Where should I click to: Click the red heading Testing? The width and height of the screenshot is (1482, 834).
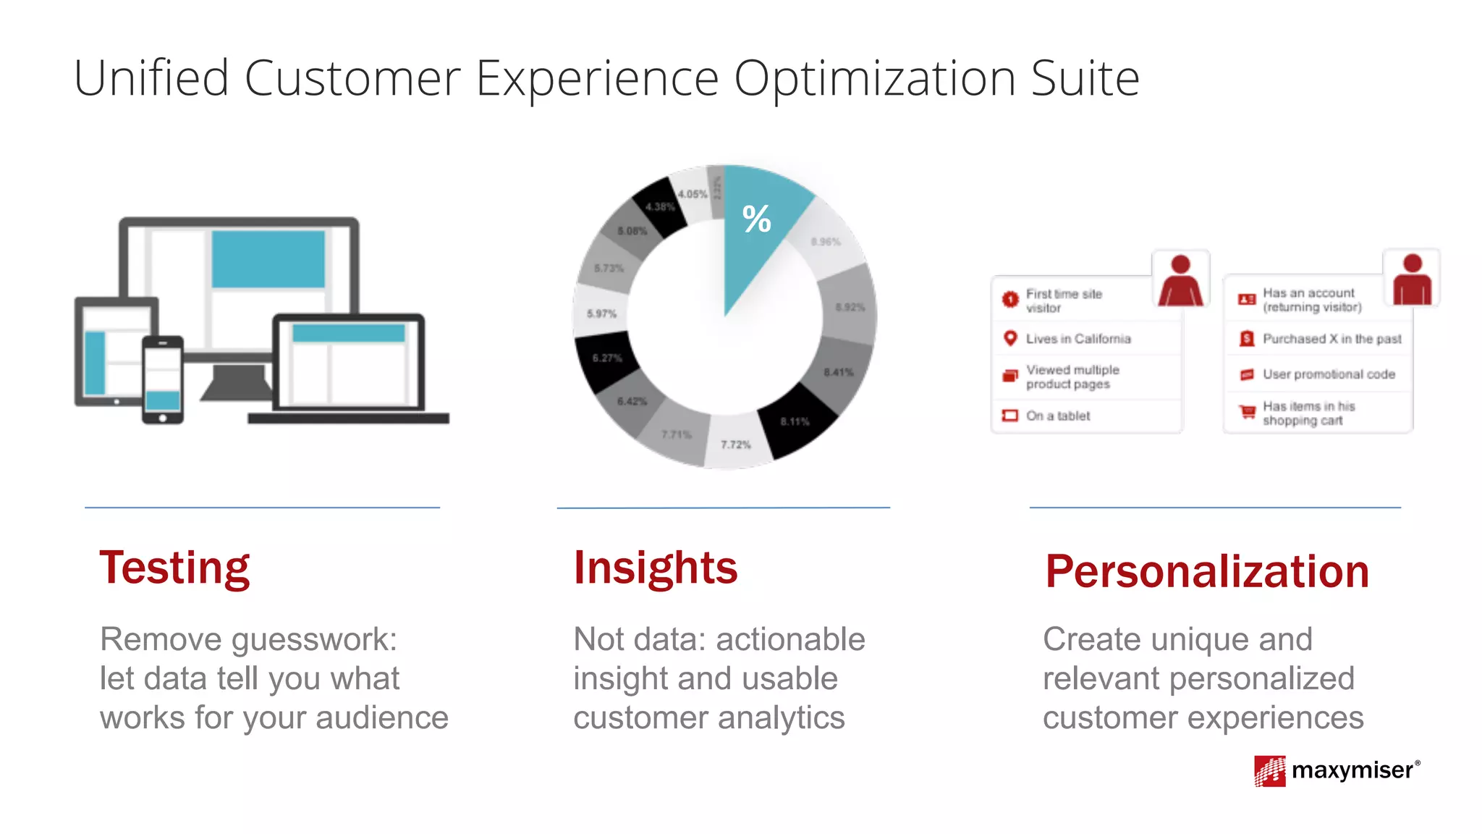click(x=174, y=568)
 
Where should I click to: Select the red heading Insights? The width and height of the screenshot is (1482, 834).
click(x=655, y=568)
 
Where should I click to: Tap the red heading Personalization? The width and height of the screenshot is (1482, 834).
click(x=1206, y=572)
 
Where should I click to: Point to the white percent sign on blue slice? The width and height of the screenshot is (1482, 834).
click(x=757, y=219)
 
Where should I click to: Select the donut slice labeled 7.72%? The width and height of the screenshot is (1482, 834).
click(x=736, y=442)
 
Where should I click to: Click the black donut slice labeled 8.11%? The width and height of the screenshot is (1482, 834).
click(x=795, y=421)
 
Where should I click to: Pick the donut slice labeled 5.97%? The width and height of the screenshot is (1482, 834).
click(x=601, y=313)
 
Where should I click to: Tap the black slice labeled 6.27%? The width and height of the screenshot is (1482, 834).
click(x=606, y=359)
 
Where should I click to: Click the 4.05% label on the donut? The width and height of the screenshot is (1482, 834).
click(x=693, y=194)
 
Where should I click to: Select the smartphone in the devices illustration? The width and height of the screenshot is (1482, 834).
click(x=162, y=379)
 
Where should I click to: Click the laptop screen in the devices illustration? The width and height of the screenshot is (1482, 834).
click(x=348, y=362)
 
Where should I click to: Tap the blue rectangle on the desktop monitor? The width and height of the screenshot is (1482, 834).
click(x=268, y=259)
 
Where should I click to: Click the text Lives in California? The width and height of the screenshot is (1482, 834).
click(x=1077, y=339)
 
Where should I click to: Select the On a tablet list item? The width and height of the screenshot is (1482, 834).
click(x=1057, y=416)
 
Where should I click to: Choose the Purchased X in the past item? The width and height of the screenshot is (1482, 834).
click(x=1331, y=339)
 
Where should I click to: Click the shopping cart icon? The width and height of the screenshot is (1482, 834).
click(x=1247, y=412)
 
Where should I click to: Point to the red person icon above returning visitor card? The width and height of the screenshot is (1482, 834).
click(x=1412, y=279)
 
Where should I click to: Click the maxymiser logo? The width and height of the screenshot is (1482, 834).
click(x=1337, y=770)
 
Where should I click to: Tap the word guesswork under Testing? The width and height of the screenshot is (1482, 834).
click(x=313, y=640)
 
